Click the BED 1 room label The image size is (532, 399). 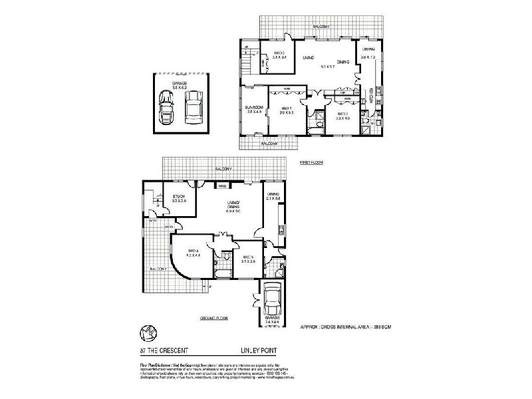287,108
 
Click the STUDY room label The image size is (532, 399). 179,196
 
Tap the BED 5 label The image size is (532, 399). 249,257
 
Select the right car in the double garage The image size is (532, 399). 193,106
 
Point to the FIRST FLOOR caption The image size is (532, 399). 311,162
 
